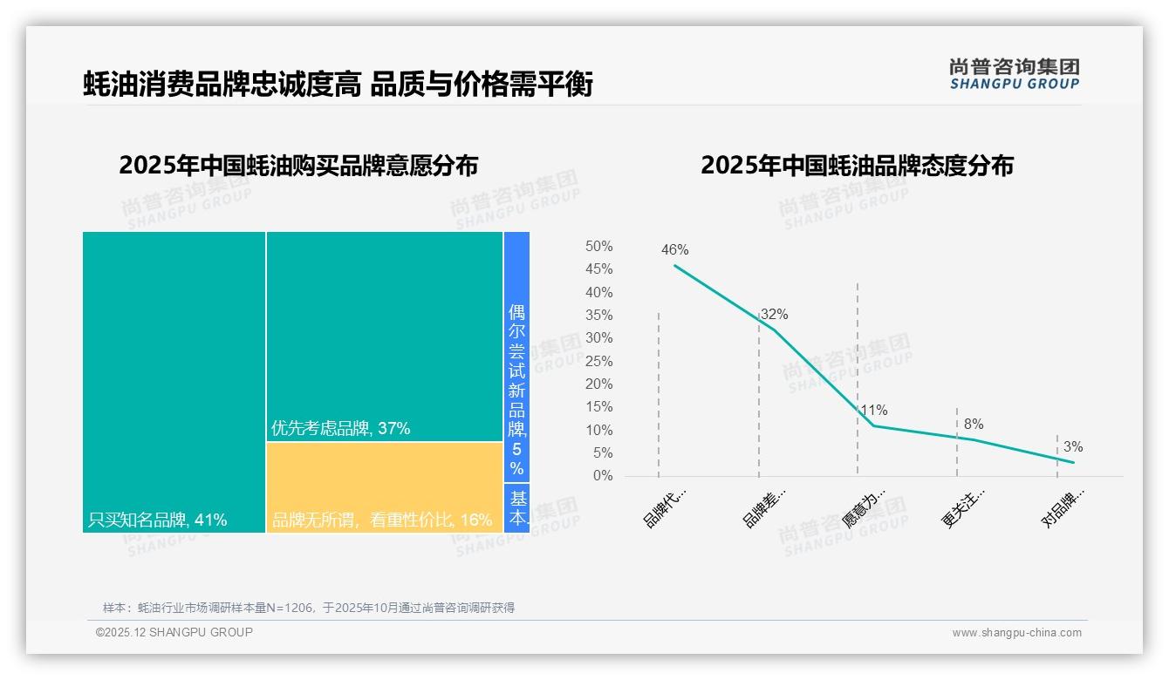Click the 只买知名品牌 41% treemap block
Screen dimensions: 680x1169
tap(174, 382)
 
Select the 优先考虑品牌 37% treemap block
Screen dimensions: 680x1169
tap(385, 337)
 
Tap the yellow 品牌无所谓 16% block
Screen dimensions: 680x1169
tap(385, 487)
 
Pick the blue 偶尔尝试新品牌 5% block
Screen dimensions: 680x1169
tap(516, 357)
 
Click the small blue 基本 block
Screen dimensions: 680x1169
tap(517, 508)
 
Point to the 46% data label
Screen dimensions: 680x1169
tap(674, 250)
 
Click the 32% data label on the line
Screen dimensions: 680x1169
tap(774, 315)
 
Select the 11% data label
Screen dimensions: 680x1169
tap(873, 410)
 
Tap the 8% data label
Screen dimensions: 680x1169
tap(974, 425)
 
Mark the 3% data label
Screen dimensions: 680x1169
tap(1073, 447)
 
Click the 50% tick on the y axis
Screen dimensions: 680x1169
tap(598, 247)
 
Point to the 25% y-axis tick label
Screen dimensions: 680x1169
tap(598, 361)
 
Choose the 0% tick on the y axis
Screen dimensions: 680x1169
tap(603, 476)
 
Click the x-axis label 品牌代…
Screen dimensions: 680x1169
tap(665, 507)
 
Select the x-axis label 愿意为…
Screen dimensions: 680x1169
tap(864, 507)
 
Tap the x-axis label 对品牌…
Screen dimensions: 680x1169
tap(1063, 507)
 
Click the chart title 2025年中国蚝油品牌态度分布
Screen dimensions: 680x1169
tap(857, 166)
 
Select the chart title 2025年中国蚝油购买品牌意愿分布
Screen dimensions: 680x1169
tap(298, 166)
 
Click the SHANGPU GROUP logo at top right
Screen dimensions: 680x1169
tap(1014, 74)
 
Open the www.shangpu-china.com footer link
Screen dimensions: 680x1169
tap(1016, 633)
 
